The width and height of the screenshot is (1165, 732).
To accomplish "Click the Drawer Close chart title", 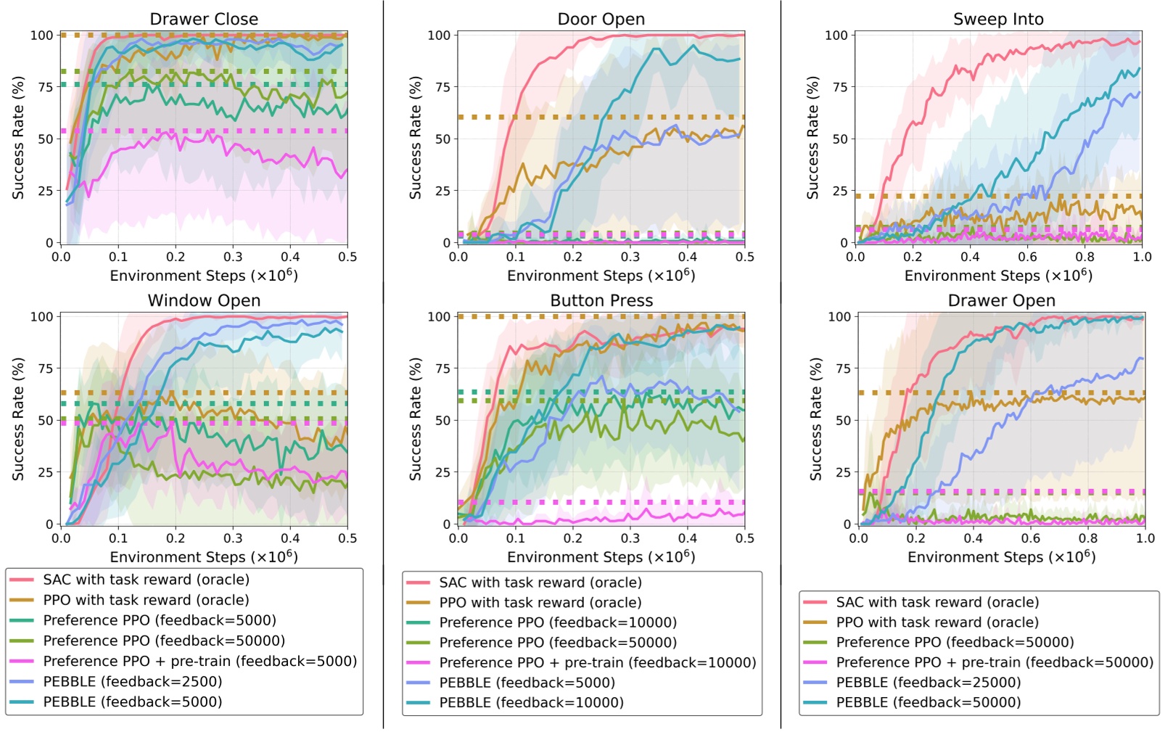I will [204, 19].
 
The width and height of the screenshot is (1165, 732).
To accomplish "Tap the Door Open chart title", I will [601, 19].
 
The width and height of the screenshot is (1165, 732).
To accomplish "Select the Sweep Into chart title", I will [998, 19].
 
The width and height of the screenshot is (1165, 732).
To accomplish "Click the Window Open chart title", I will [204, 300].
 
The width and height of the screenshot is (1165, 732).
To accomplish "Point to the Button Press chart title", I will [601, 300].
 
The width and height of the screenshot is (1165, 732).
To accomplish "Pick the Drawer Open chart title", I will [1001, 300].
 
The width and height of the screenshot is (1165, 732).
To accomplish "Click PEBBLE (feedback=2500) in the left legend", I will [132, 681].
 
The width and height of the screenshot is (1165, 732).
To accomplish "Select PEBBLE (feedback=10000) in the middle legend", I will [531, 702].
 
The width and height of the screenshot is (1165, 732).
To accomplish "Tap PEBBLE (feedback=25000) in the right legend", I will [928, 682].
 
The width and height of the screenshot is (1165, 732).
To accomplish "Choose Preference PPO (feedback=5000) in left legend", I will [159, 620].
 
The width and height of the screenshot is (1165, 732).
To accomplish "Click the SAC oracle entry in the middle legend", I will [540, 582].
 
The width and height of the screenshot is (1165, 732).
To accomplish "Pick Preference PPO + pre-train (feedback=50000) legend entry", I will [994, 662].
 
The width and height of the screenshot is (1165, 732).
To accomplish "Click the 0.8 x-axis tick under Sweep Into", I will [1084, 257].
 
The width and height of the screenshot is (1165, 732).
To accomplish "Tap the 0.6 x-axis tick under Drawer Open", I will [1030, 538].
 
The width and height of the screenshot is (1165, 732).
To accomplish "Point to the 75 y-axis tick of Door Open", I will [442, 87].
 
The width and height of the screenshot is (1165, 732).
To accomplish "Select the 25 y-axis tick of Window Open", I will [45, 472].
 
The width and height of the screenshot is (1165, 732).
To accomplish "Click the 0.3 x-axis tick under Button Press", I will [630, 538].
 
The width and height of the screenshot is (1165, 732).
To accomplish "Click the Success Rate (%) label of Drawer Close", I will [18, 138].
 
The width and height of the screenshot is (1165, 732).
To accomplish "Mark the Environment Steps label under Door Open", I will [601, 276].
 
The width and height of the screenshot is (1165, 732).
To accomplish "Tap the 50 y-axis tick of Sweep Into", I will [840, 139].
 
